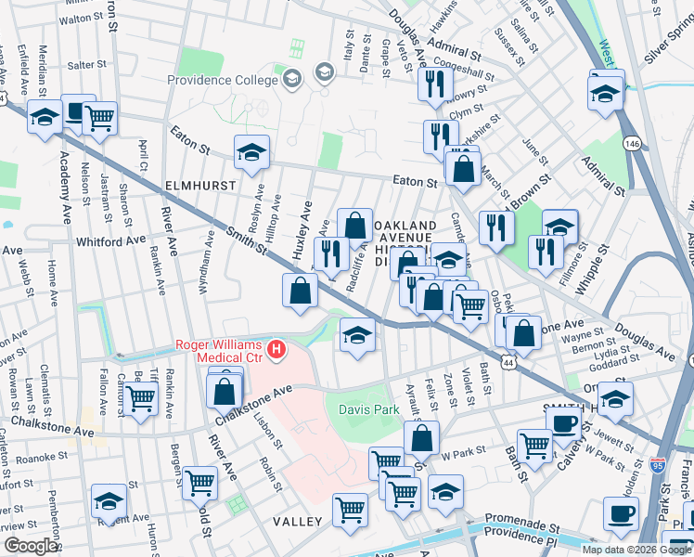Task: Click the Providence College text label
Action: click(223, 80)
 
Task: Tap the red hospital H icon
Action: click(276, 350)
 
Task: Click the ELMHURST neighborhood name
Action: click(199, 186)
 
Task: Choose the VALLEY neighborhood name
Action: click(297, 522)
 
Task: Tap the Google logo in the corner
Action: click(30, 545)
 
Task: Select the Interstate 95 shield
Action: click(658, 463)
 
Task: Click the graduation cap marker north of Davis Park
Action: click(356, 334)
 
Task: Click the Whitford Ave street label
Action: click(111, 241)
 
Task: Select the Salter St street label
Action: click(87, 65)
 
